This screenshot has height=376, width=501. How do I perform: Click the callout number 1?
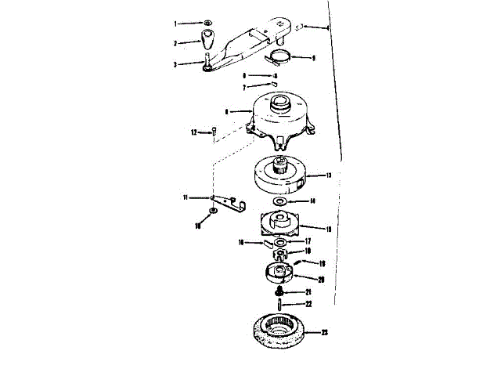point(175,24)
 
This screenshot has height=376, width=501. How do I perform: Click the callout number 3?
point(176,64)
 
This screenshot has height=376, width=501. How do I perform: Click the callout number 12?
point(194,132)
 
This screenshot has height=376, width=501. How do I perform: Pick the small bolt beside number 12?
point(212,132)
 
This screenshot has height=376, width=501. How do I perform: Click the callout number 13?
point(329,176)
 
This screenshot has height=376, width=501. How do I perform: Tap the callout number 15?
point(329,229)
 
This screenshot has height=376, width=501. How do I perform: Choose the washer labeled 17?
point(279,242)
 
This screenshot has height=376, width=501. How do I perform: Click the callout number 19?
point(322,264)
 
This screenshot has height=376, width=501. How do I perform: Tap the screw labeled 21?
point(280,291)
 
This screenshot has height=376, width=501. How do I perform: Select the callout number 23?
point(324,333)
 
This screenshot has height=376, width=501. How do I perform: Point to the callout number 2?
point(175,42)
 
